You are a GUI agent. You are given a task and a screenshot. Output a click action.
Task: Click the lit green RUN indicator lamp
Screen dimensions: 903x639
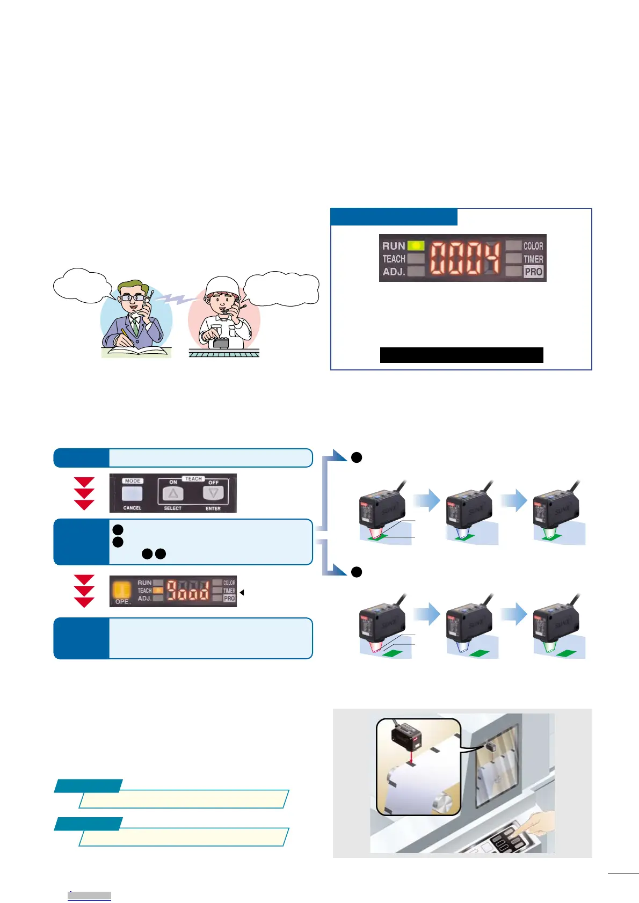click(416, 246)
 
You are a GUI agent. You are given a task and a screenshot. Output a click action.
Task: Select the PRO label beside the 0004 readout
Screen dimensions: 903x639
click(533, 272)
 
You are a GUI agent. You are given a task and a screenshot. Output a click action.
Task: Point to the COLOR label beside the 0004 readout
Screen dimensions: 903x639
click(533, 246)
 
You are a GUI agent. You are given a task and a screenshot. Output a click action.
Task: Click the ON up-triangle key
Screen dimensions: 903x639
click(173, 493)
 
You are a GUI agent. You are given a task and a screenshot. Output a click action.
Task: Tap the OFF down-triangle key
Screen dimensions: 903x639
click(214, 493)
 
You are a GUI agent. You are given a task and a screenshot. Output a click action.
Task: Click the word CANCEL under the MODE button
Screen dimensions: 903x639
click(132, 508)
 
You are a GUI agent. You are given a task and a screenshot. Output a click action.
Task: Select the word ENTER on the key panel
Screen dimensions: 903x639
click(213, 508)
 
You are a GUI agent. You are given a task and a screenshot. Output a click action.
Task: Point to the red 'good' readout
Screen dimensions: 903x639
click(187, 591)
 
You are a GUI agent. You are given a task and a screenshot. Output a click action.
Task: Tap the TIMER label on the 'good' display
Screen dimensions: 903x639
click(229, 591)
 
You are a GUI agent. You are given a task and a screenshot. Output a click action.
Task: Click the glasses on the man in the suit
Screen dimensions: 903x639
click(132, 297)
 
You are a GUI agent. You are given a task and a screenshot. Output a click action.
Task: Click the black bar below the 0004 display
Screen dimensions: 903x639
click(461, 355)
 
